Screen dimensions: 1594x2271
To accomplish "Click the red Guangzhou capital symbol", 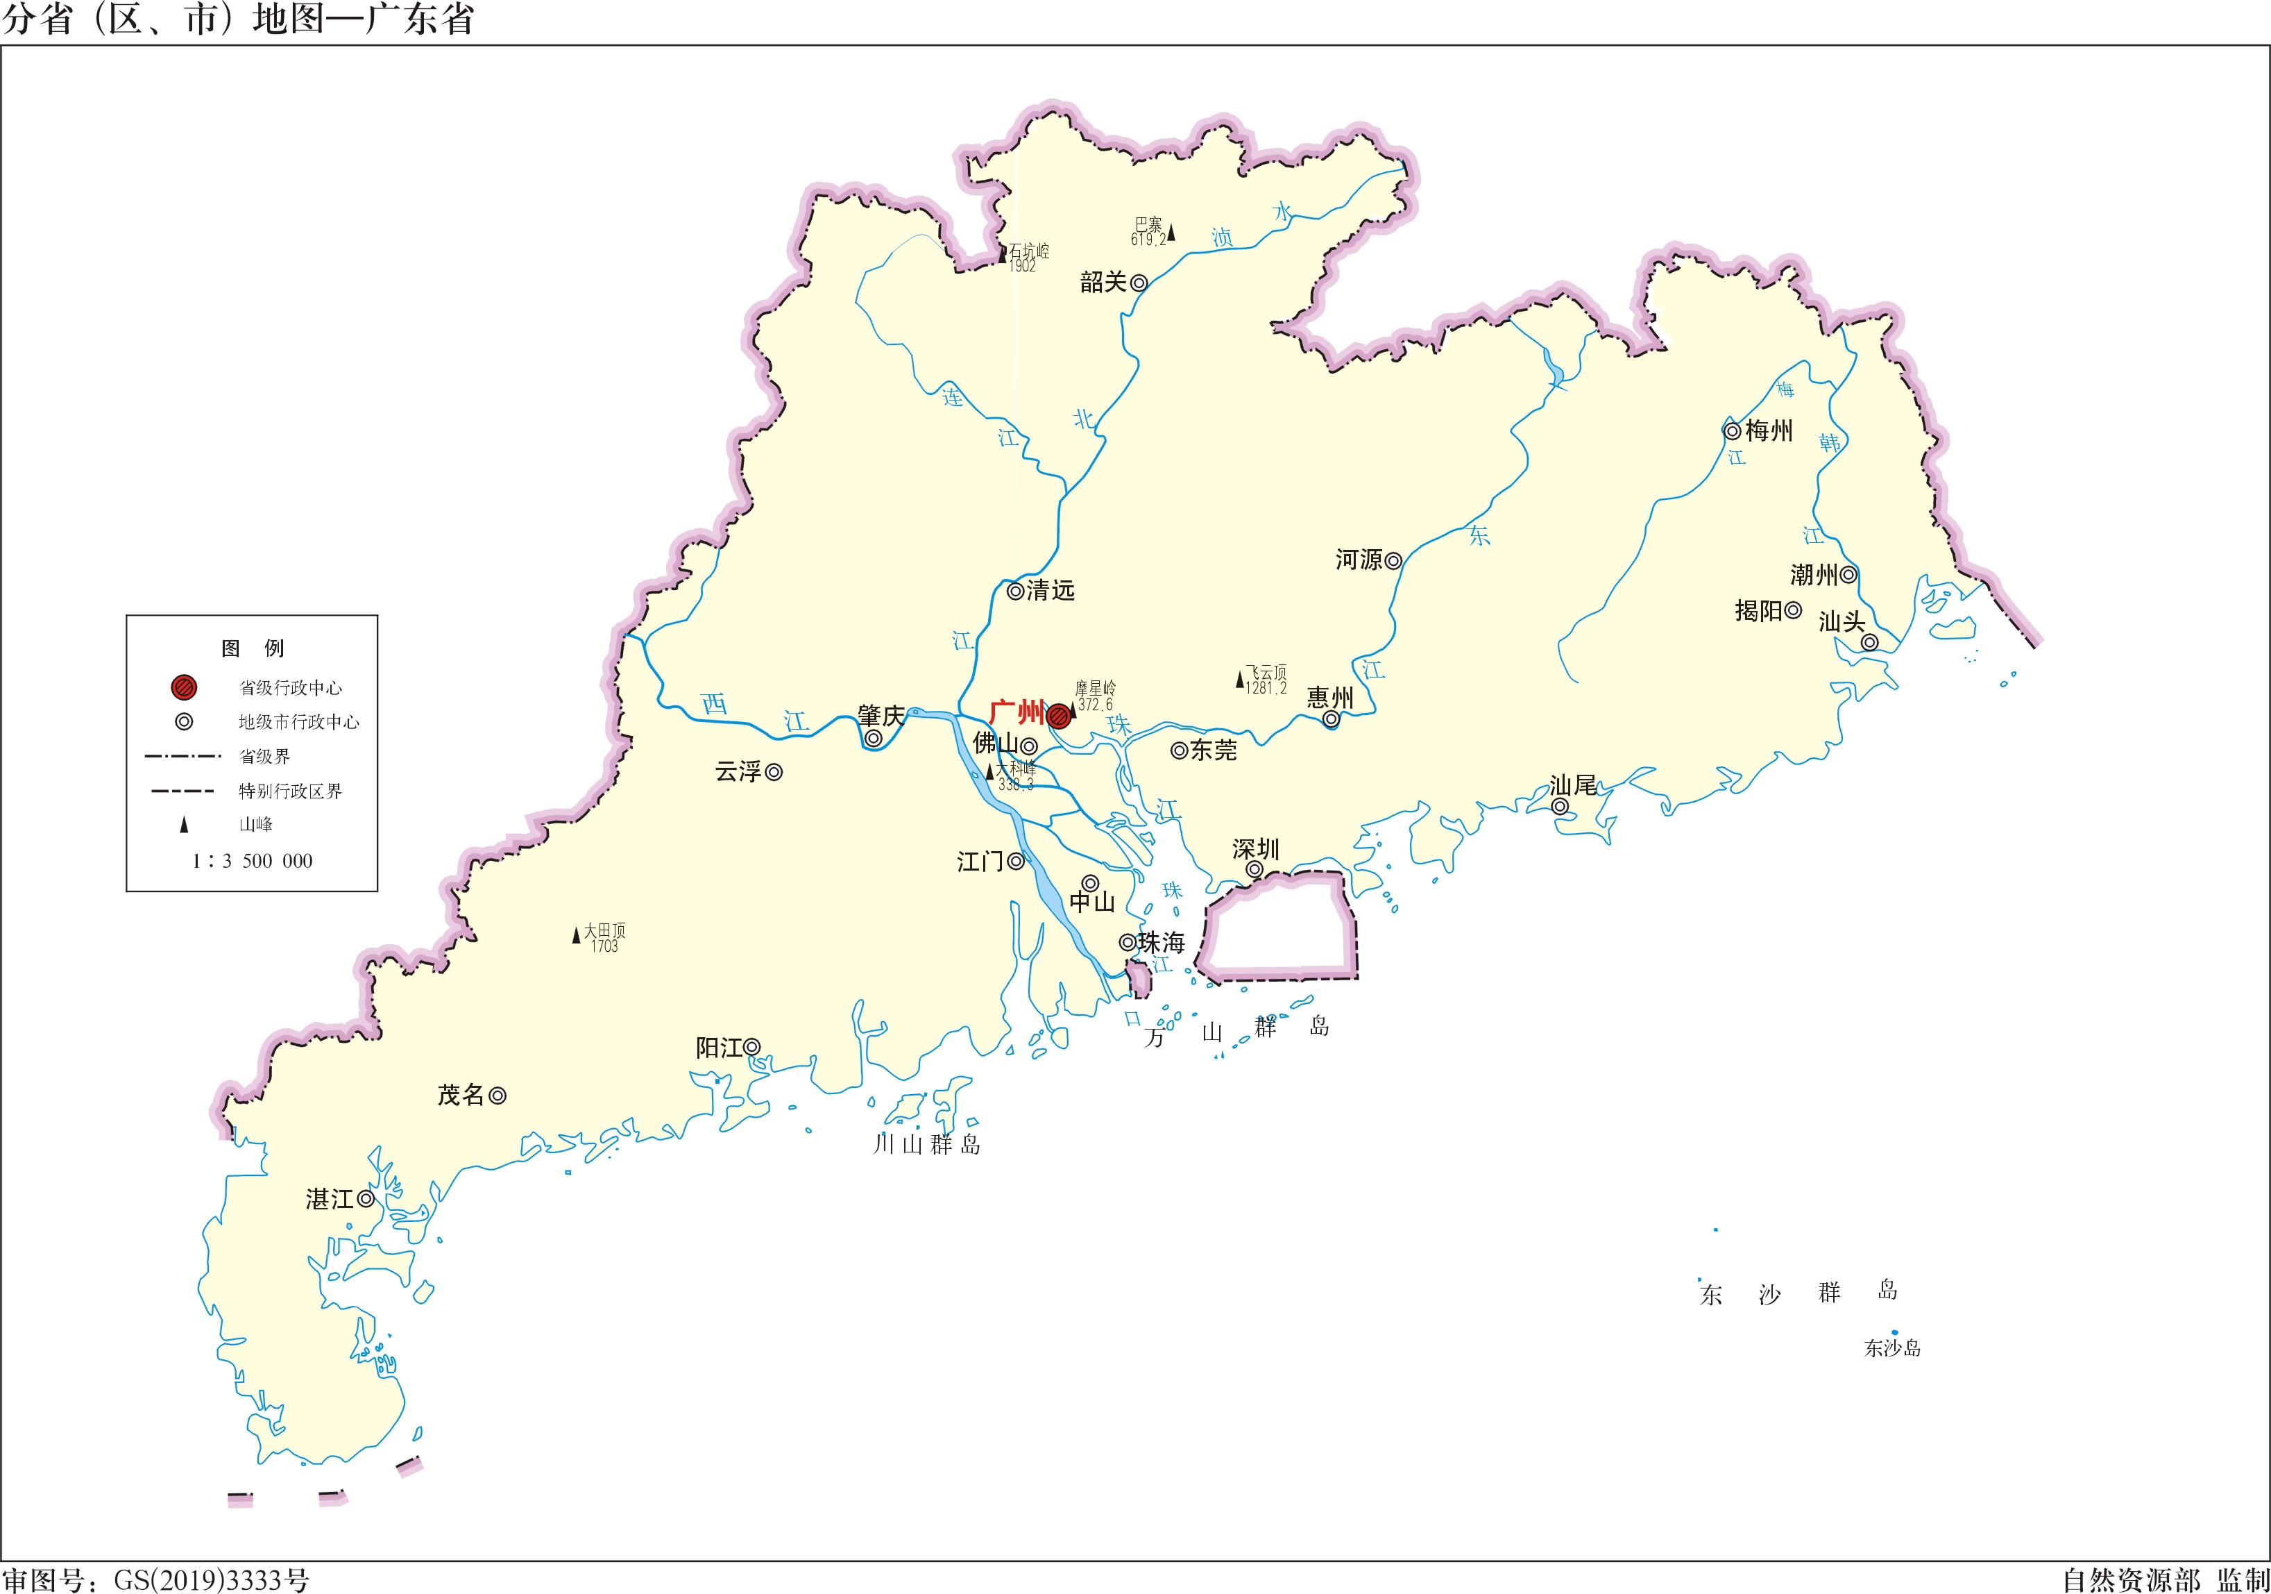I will (1058, 715).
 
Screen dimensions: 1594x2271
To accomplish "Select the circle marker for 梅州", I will (1732, 431).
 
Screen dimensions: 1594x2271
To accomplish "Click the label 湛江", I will (330, 1199).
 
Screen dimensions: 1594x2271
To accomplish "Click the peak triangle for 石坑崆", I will (1002, 254).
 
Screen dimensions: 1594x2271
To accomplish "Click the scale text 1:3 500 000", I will (253, 862).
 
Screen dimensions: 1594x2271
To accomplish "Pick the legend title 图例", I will (253, 649).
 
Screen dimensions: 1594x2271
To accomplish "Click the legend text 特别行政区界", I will (290, 791).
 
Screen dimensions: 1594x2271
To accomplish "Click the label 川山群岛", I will (927, 1145).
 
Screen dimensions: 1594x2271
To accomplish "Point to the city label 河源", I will (1358, 561).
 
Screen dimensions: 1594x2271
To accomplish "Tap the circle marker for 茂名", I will (498, 1096).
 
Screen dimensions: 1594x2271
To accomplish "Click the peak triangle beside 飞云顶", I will (1239, 680).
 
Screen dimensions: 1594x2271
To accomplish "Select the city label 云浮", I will (738, 772).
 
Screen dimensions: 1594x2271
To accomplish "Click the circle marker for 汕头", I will (1869, 643).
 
